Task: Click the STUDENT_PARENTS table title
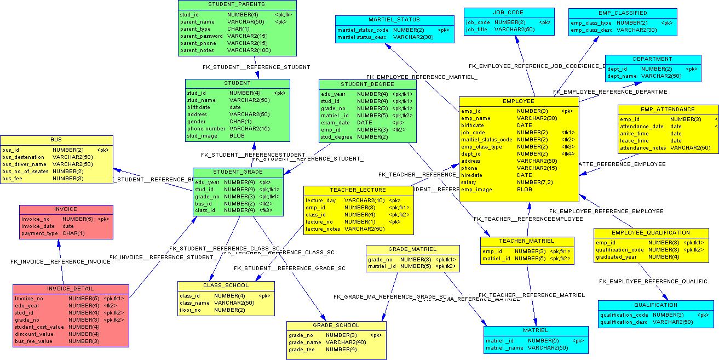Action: coord(237,4)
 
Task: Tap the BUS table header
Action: coord(56,140)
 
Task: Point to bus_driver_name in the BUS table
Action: coord(24,164)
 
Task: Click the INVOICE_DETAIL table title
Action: coord(70,289)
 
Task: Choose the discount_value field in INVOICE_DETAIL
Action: coord(34,334)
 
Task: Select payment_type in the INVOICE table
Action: coord(39,233)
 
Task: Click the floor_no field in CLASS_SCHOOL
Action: coord(191,310)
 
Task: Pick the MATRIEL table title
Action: coord(535,330)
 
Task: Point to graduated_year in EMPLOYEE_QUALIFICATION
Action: coord(616,257)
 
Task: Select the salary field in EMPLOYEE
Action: coord(468,182)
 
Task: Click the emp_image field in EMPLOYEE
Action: coord(476,190)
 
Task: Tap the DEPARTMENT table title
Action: coord(652,59)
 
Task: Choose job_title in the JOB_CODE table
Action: coord(476,30)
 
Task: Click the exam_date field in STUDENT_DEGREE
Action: coord(335,123)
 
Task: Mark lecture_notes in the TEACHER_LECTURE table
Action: coord(323,229)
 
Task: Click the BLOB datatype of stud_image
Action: coord(237,136)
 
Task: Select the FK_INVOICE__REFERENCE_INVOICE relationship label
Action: coord(60,262)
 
